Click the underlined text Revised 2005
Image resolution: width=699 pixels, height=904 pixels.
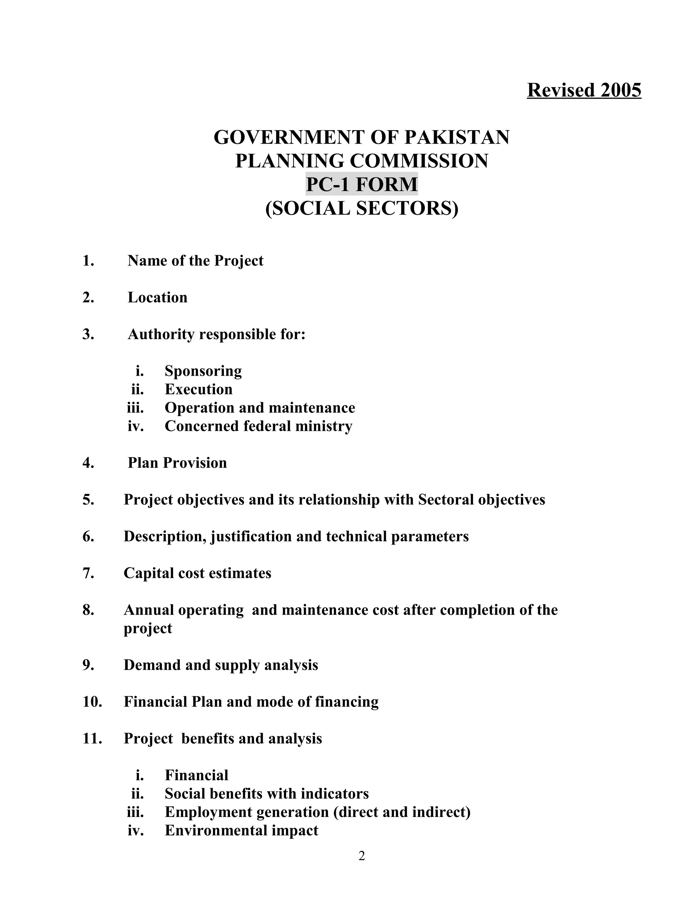(584, 90)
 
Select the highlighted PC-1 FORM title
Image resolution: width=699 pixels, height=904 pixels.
(361, 184)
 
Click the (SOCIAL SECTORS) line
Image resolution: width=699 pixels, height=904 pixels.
(361, 208)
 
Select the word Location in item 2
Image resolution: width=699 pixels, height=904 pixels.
(157, 297)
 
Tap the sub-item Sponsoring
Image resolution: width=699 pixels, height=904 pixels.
(203, 371)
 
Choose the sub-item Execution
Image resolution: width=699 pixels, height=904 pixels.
(198, 390)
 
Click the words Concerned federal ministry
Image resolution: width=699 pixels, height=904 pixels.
(258, 426)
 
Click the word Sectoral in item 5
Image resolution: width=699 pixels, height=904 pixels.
(445, 500)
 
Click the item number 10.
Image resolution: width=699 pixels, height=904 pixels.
(92, 702)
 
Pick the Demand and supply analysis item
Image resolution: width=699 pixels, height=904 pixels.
(221, 665)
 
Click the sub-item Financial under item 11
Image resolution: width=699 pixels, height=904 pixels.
(196, 775)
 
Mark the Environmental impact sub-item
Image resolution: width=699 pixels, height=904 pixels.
(241, 830)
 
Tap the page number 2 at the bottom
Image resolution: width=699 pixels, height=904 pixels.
(361, 856)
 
